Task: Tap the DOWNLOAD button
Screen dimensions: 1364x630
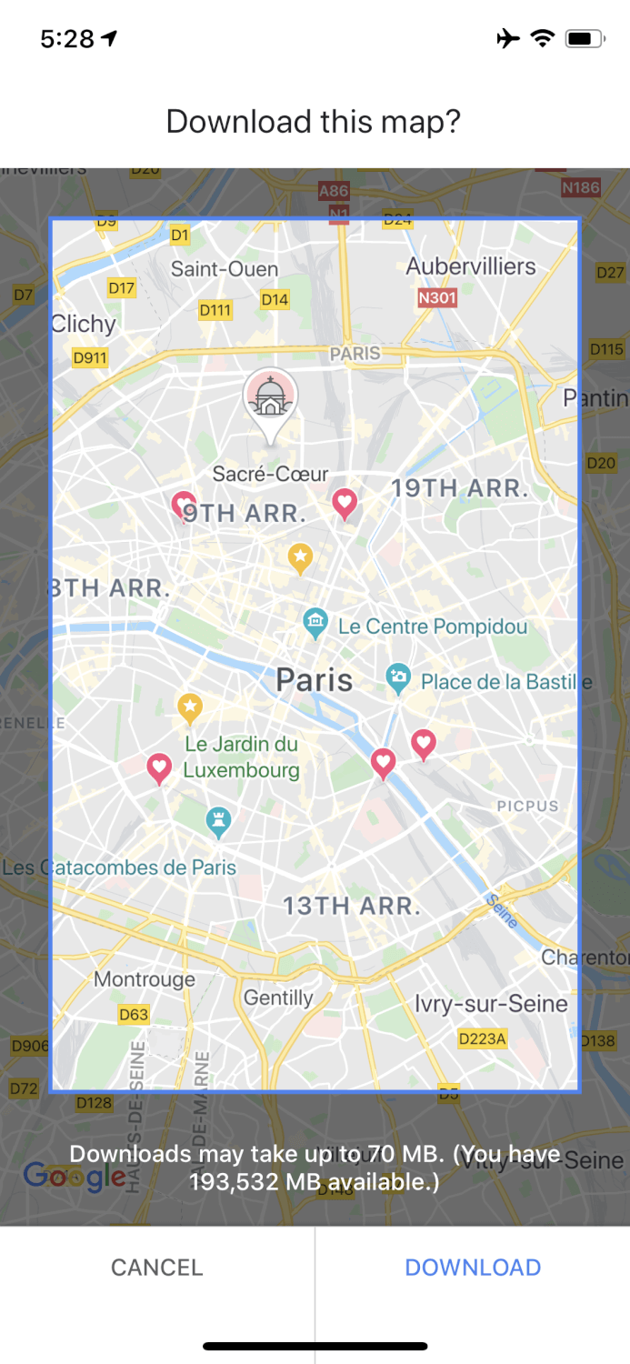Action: click(x=473, y=1267)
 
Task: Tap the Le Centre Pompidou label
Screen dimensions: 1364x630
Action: click(x=432, y=627)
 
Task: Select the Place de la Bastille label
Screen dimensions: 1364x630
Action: click(x=505, y=681)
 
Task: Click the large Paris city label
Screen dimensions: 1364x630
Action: click(x=315, y=680)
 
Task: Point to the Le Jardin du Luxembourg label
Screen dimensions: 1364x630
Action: click(x=241, y=757)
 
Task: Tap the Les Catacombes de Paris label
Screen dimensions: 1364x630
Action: click(x=119, y=868)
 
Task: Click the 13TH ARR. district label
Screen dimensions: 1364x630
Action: click(x=352, y=906)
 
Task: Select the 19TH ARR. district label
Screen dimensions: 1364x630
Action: click(x=460, y=488)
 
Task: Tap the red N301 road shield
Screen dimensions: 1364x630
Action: click(x=436, y=297)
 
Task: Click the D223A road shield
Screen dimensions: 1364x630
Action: click(x=482, y=1038)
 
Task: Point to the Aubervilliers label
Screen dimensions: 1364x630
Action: click(x=471, y=266)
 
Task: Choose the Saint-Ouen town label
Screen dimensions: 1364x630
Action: click(x=225, y=269)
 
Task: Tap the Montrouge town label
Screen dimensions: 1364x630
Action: click(x=145, y=979)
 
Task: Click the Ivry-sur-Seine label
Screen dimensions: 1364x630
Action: click(x=491, y=1004)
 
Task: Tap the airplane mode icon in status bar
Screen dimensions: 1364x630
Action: click(x=508, y=38)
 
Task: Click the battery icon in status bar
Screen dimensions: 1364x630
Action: click(x=584, y=38)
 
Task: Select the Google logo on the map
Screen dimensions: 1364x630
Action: click(x=75, y=1176)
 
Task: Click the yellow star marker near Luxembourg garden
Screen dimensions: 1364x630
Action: click(x=189, y=706)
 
